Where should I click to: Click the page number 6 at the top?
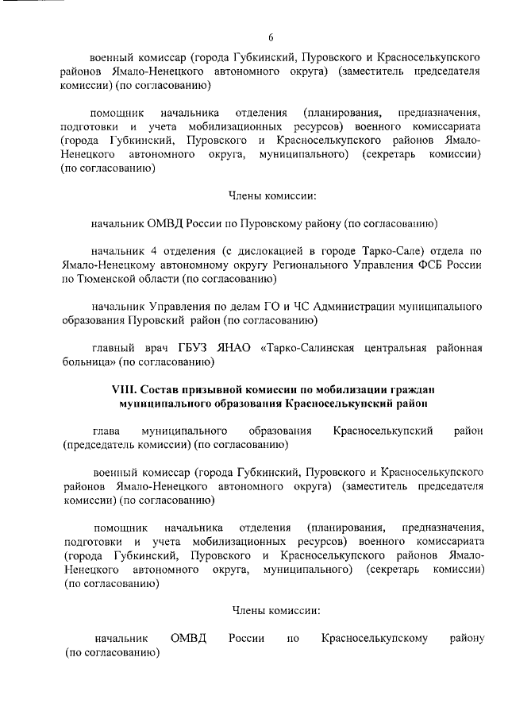[x=271, y=37]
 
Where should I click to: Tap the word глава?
[x=106, y=431]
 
